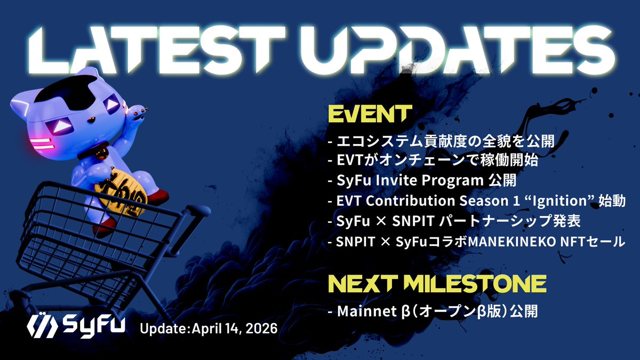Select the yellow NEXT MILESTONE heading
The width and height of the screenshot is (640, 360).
436,283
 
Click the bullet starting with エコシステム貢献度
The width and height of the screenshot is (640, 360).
442,142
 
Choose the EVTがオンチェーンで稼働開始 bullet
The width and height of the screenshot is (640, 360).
433,161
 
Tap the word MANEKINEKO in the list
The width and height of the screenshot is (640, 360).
511,242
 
